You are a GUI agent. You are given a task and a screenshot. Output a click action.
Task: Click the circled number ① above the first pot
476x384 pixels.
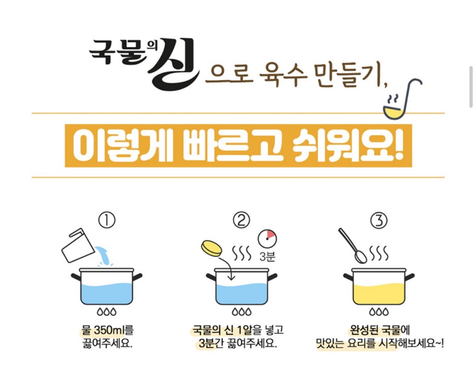point(107,220)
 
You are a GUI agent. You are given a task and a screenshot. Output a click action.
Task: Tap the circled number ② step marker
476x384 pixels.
point(241,220)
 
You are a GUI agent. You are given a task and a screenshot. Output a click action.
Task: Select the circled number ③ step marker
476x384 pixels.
point(379,220)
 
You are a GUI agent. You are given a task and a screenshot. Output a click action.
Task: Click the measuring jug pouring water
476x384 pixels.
point(78,245)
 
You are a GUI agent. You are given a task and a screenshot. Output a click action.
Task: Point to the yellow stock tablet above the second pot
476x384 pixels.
point(212,248)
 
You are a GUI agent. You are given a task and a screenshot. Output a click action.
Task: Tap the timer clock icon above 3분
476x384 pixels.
point(267,238)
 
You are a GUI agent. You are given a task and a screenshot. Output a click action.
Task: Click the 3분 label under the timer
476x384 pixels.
point(267,257)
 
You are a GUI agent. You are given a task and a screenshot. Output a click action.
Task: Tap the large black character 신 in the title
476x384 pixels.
point(173,64)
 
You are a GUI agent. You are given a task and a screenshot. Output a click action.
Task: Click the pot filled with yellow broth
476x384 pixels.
point(379,286)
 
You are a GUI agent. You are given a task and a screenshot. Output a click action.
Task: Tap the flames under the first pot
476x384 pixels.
point(106,312)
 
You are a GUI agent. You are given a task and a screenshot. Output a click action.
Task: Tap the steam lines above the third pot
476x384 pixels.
point(379,253)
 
